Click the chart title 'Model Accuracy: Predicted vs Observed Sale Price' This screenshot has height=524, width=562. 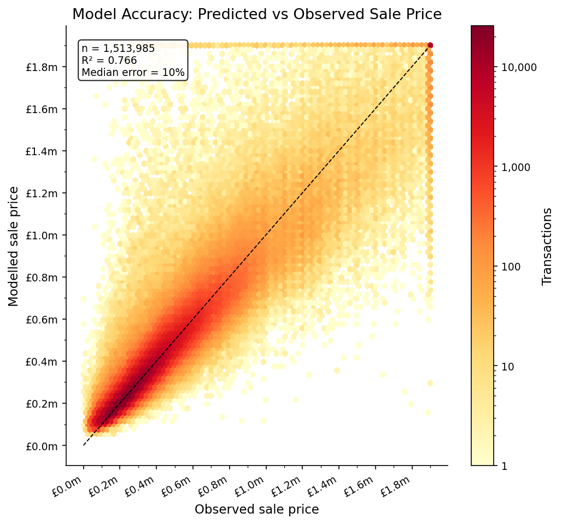pos(256,15)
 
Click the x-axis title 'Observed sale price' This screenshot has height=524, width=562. pos(256,509)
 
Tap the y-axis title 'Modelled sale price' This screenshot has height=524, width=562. pos(14,246)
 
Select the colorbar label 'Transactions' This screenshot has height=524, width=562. pos(547,246)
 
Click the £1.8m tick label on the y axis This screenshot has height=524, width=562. pos(42,67)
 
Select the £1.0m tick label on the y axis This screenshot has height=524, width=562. pos(42,235)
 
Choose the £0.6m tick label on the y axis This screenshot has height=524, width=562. pos(42,319)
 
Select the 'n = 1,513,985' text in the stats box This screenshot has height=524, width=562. pos(118,49)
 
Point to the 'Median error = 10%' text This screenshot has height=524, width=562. pos(133,72)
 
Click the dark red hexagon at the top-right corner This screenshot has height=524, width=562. pos(430,45)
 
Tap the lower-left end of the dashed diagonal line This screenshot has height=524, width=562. pos(84,445)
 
